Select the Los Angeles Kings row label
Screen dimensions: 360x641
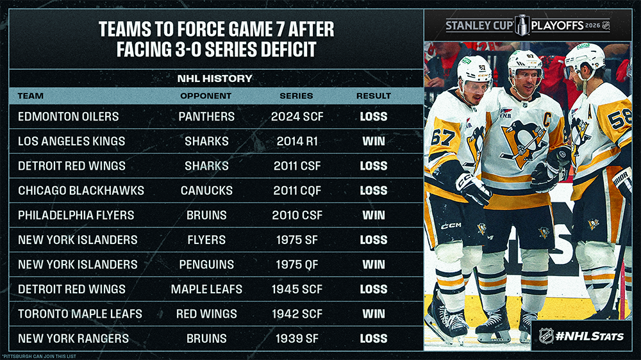click(x=71, y=142)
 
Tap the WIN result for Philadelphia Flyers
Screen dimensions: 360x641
click(x=373, y=215)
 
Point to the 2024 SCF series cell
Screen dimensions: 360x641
click(x=296, y=117)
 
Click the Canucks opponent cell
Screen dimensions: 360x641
click(x=206, y=191)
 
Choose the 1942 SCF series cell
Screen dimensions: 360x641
click(x=296, y=314)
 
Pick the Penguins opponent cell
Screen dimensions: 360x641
click(x=206, y=265)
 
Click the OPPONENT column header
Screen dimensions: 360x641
click(x=206, y=95)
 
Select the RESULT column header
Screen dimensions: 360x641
click(x=373, y=95)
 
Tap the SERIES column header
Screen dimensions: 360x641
click(x=296, y=95)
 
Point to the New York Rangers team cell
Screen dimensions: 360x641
click(x=73, y=338)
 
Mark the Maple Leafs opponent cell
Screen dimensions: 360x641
click(x=206, y=289)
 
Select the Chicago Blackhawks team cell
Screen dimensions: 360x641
click(x=81, y=191)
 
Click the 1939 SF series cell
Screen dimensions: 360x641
click(x=296, y=338)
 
